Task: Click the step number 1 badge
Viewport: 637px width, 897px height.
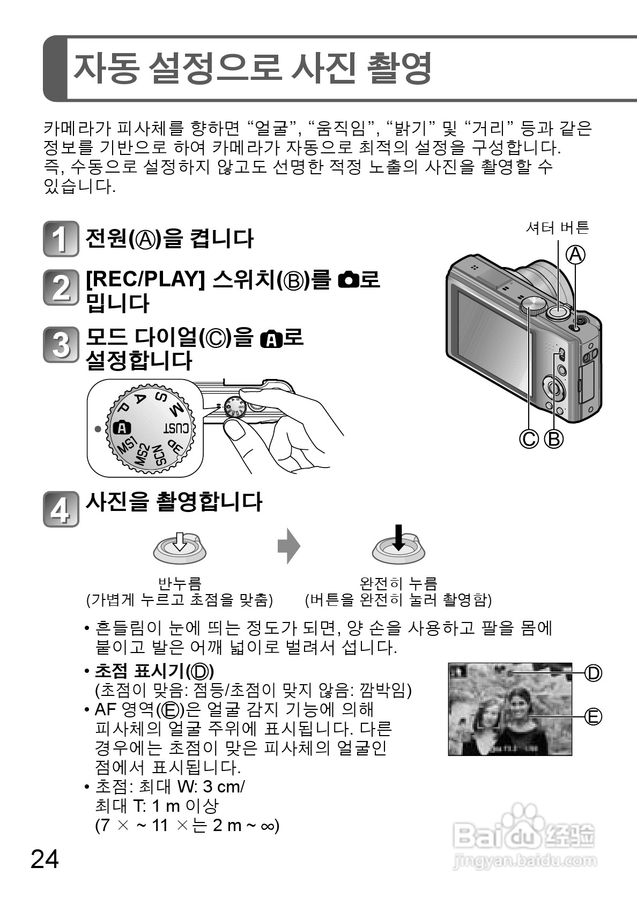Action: pyautogui.click(x=60, y=239)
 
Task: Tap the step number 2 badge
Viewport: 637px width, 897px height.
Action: pyautogui.click(x=60, y=288)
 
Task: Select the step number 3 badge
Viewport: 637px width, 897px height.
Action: pyautogui.click(x=60, y=344)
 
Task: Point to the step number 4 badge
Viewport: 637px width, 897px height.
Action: pyautogui.click(x=60, y=509)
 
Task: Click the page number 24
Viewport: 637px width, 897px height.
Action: pyautogui.click(x=45, y=859)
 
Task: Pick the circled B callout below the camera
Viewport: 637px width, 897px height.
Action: pyautogui.click(x=554, y=439)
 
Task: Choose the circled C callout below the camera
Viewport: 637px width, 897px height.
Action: pyautogui.click(x=529, y=439)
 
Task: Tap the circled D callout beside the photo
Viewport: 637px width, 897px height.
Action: pyautogui.click(x=593, y=672)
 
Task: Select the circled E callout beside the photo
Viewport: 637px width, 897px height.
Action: pyautogui.click(x=593, y=716)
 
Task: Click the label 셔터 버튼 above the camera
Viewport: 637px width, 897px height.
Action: pyautogui.click(x=557, y=228)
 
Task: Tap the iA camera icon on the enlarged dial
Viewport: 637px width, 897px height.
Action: pyautogui.click(x=122, y=428)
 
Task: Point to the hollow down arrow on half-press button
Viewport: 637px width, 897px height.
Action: pyautogui.click(x=180, y=542)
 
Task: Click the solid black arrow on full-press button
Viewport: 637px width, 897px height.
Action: pyautogui.click(x=398, y=538)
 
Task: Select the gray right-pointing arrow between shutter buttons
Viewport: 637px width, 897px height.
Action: pyautogui.click(x=288, y=546)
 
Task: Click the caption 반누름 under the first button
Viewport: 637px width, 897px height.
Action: pyautogui.click(x=180, y=582)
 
